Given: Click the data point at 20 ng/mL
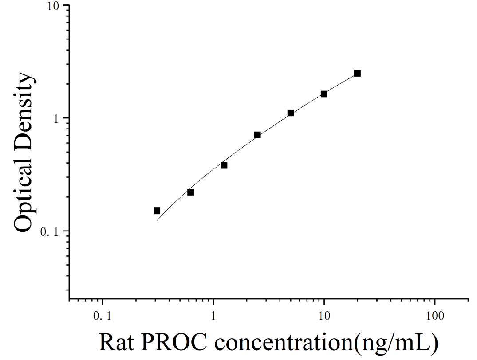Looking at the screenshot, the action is click(358, 73).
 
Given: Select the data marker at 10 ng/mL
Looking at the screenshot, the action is click(324, 94).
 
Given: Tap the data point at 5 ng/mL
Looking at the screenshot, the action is click(291, 113).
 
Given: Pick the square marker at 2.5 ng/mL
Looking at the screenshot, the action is click(257, 135).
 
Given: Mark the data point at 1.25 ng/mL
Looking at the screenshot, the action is click(224, 165).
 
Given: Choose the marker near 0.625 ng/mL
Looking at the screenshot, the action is click(190, 192).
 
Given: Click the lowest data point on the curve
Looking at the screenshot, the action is click(157, 211).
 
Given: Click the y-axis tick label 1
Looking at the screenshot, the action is click(55, 118).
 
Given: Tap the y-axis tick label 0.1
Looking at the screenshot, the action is click(50, 231).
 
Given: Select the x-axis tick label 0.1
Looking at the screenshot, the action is click(102, 316).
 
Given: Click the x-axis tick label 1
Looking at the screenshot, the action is click(213, 316).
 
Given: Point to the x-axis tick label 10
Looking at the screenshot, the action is click(324, 316).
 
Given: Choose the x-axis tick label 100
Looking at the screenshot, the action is click(435, 316).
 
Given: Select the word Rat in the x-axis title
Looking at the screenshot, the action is click(117, 342).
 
